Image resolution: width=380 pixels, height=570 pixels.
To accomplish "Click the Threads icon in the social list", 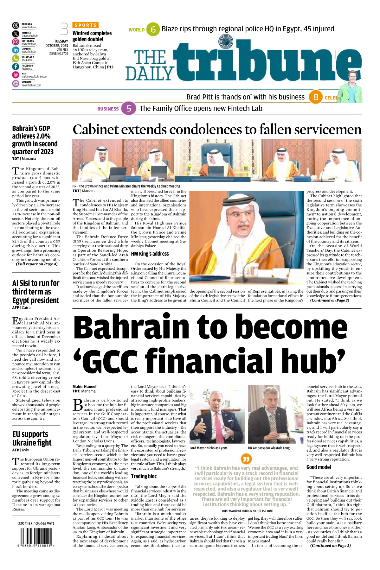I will coord(16,26).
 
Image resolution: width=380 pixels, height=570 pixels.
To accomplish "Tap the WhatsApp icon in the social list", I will coord(16,59).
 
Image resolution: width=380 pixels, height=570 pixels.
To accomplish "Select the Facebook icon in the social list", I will coord(16,67).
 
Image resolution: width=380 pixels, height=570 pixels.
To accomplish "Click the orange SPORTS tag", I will coord(86,25).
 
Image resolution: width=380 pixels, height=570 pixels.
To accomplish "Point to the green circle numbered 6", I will coord(153,29).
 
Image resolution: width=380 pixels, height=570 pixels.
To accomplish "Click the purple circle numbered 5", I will coord(129,109).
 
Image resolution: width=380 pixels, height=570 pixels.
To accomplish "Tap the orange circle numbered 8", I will coord(316,97).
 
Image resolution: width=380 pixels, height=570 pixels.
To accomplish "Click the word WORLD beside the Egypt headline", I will coord(137,30).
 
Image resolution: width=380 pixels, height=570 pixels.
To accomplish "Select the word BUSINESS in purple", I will coord(108,109).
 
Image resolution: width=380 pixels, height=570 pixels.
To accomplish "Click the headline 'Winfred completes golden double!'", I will coord(92,36).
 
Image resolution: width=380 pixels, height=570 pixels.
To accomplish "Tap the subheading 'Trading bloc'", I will coord(144,476).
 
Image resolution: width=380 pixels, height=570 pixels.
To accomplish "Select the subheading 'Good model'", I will coord(319,467).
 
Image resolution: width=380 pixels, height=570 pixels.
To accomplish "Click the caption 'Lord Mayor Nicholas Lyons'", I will coord(208,448).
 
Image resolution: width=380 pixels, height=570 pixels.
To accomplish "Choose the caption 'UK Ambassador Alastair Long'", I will coord(269,448).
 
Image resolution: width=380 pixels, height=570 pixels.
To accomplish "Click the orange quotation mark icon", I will coord(246,458).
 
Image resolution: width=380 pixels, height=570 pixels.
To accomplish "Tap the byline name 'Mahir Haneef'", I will coord(85,387).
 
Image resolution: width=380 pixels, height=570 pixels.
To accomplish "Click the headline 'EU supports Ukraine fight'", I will coord(32,438).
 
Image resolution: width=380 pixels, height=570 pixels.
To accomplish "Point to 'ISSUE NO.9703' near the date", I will coord(59,54).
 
